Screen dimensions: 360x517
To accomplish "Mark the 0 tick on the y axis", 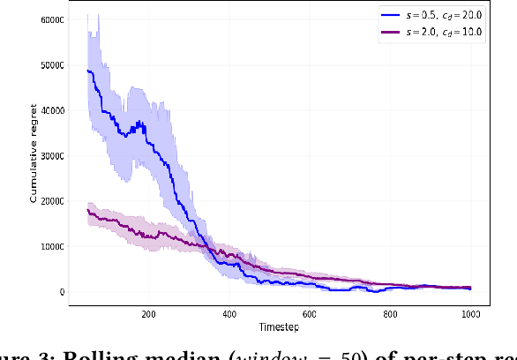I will pyautogui.click(x=61, y=292).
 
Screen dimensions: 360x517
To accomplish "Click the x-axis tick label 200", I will pyautogui.click(x=148, y=313).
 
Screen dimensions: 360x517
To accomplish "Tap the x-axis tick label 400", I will pyautogui.click(x=229, y=313).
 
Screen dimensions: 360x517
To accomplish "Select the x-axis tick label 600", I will pyautogui.click(x=310, y=313).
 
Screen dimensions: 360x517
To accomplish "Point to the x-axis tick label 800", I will pyautogui.click(x=390, y=313).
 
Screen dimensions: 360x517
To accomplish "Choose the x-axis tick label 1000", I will pyautogui.click(x=470, y=313).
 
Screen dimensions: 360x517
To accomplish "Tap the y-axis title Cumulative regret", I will pyautogui.click(x=34, y=156).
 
